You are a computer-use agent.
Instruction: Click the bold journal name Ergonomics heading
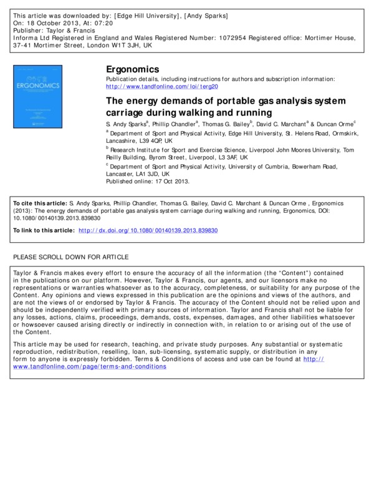pyautogui.click(x=133, y=69)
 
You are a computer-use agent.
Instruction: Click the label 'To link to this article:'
pyautogui.click(x=43, y=231)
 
